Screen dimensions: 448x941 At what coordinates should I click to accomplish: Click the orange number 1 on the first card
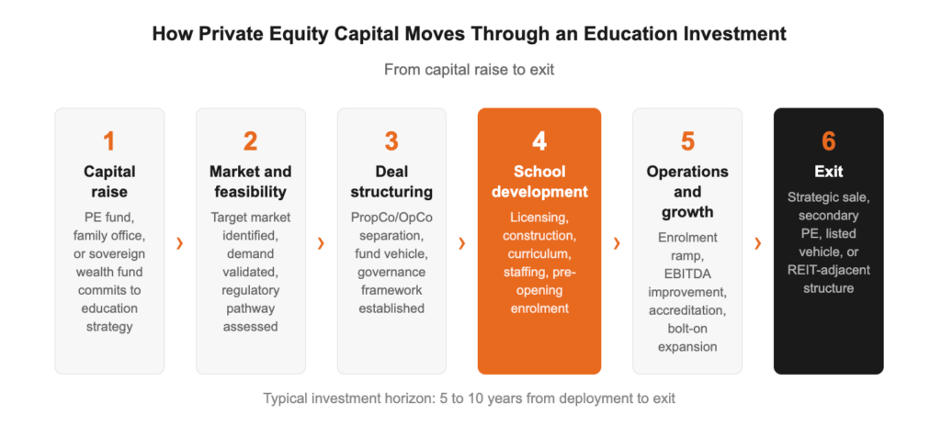[x=109, y=141]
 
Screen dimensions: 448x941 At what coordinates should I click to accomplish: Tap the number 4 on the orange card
[x=539, y=141]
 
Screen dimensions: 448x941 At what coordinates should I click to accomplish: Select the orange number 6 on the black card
[x=828, y=141]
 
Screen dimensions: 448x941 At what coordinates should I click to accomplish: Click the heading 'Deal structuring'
[x=391, y=182]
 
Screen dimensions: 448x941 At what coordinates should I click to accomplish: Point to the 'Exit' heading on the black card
[x=828, y=172]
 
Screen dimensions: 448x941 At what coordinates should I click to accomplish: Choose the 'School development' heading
[x=539, y=182]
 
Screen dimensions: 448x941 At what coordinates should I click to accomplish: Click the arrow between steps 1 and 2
[x=180, y=243]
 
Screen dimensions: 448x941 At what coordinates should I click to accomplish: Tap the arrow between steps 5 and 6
[x=758, y=243]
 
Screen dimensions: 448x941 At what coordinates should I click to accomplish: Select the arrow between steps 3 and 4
[x=462, y=243]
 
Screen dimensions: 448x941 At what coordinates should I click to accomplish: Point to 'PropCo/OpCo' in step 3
[x=391, y=218]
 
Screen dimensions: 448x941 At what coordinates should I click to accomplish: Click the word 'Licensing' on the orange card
[x=539, y=218]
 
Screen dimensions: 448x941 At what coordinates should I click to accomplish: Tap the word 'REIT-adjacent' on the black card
[x=828, y=269]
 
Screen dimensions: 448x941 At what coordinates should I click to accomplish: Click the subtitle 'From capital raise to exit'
[x=469, y=70]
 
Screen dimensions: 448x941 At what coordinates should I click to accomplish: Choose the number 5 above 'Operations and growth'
[x=687, y=141]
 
